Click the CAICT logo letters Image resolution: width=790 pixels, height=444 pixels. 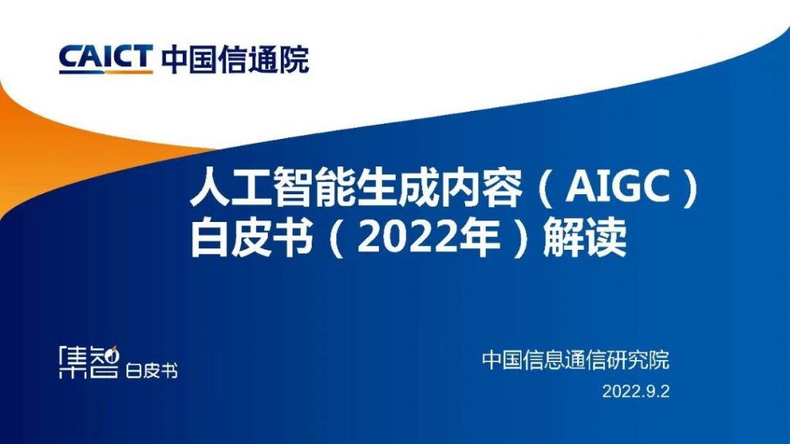(105, 58)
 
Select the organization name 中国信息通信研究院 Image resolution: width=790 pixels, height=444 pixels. (576, 360)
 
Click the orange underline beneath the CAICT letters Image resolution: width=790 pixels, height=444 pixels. (105, 72)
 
